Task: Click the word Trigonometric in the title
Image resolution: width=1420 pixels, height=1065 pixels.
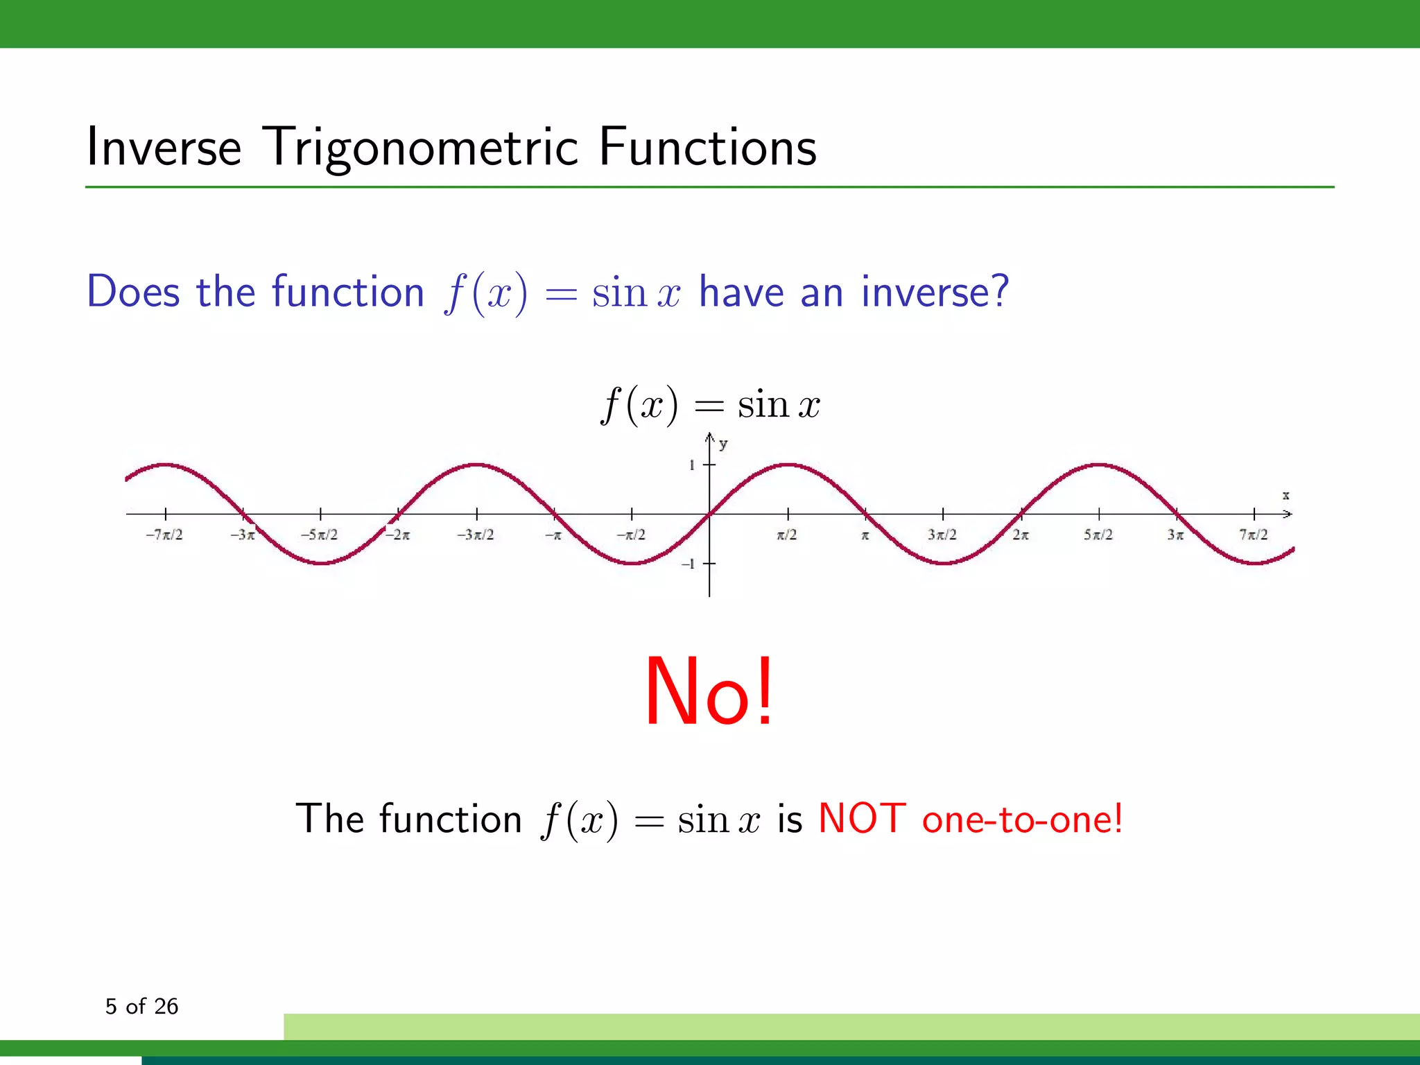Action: click(422, 148)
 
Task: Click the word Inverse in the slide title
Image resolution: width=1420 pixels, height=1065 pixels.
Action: click(164, 148)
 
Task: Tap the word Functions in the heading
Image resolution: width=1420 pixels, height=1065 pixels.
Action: click(707, 148)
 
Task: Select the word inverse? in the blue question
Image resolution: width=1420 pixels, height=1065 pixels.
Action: click(935, 291)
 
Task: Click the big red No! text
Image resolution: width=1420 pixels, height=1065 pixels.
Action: click(709, 692)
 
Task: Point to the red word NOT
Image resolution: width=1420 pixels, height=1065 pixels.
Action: click(862, 819)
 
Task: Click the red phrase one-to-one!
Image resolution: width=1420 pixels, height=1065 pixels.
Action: click(1022, 820)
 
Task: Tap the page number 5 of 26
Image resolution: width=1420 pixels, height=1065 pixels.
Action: click(141, 1006)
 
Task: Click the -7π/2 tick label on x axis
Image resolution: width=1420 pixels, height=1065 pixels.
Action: click(164, 535)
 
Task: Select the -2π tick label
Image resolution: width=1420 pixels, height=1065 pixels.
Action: click(398, 535)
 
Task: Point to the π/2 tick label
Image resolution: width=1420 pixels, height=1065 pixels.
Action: click(787, 535)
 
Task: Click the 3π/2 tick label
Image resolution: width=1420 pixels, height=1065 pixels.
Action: click(942, 535)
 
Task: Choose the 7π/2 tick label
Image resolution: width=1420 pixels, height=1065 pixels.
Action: click(1254, 535)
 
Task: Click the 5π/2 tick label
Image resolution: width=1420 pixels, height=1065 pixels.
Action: click(1098, 535)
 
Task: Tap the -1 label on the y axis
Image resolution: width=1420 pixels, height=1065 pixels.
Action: click(689, 564)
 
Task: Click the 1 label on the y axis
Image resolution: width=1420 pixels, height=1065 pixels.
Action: click(691, 465)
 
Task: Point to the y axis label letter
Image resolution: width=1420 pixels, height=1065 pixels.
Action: click(723, 444)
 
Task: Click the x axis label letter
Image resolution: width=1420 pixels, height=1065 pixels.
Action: click(1285, 495)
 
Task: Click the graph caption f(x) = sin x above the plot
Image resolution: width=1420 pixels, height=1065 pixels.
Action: click(710, 404)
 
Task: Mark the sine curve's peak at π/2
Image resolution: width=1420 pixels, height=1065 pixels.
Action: click(788, 465)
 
